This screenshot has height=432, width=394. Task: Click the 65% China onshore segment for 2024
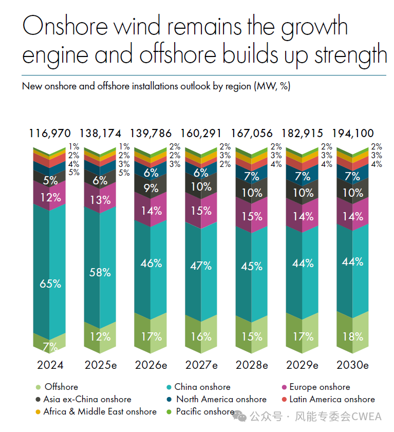pyautogui.click(x=50, y=283)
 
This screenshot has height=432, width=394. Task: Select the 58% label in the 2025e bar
pyautogui.click(x=100, y=273)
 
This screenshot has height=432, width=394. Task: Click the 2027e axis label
pyautogui.click(x=201, y=365)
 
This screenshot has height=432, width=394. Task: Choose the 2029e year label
pyautogui.click(x=302, y=365)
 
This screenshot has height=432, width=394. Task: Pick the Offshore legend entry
pyautogui.click(x=61, y=387)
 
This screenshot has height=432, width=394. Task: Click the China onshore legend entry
pyautogui.click(x=202, y=387)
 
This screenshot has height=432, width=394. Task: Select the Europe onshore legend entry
pyautogui.click(x=320, y=387)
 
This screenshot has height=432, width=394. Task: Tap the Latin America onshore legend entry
pyautogui.click(x=332, y=399)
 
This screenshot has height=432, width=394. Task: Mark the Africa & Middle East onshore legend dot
pyautogui.click(x=37, y=411)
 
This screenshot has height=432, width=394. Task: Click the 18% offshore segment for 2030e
pyautogui.click(x=353, y=336)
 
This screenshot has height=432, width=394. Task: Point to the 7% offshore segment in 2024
pyautogui.click(x=50, y=347)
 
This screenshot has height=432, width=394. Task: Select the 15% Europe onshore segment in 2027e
pyautogui.click(x=201, y=211)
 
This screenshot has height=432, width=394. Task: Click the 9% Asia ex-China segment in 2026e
pyautogui.click(x=151, y=189)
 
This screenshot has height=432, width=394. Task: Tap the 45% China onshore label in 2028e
pyautogui.click(x=252, y=267)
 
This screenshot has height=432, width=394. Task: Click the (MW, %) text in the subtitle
pyautogui.click(x=272, y=86)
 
